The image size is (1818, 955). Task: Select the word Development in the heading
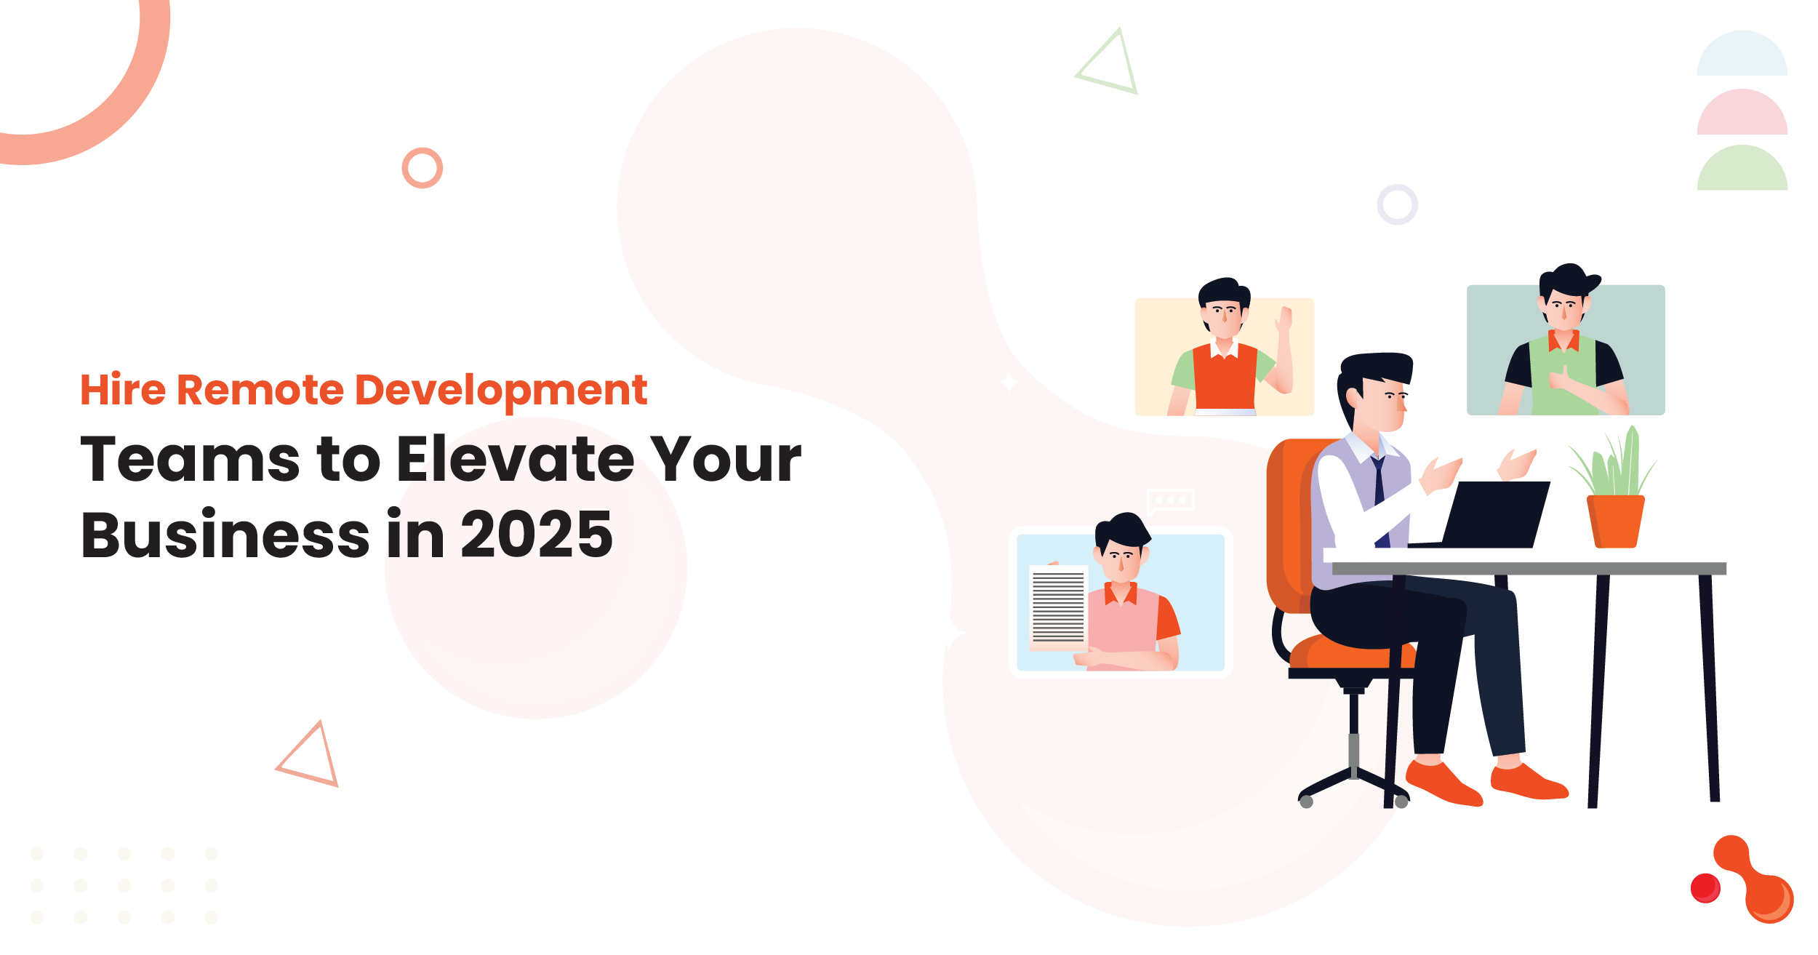(x=501, y=391)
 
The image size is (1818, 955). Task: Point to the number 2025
(x=537, y=535)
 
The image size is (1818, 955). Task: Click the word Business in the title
(x=225, y=535)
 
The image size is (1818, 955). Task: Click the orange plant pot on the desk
(x=1615, y=521)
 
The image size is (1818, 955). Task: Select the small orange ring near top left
(x=423, y=168)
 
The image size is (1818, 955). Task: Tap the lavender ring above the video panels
(x=1397, y=204)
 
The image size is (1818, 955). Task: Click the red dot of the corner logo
(x=1705, y=888)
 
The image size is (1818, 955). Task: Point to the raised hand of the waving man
(x=1285, y=320)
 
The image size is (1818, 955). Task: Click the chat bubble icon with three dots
(x=1170, y=500)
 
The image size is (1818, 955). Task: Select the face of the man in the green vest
(x=1563, y=308)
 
